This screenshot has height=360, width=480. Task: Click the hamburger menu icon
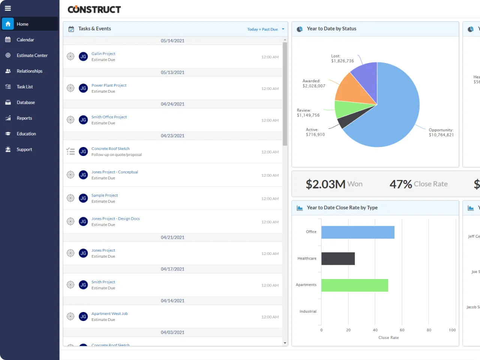coord(8,8)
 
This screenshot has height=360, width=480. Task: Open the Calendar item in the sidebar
coord(25,40)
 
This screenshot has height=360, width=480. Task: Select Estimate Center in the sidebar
coord(32,55)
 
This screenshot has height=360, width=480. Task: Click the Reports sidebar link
coord(24,118)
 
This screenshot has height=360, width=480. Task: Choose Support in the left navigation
coord(24,150)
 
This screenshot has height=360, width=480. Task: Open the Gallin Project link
coord(103,54)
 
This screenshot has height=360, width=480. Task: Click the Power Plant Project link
coord(109,85)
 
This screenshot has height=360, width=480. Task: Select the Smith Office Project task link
coord(109,117)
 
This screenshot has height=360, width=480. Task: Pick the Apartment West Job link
coord(109,314)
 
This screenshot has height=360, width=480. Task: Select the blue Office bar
coord(358,232)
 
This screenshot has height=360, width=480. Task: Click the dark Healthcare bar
coord(338,259)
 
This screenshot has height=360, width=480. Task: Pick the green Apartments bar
coord(354,285)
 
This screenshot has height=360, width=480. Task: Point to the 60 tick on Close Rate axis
coord(402,330)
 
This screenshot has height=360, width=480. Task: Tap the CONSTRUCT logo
coord(94,9)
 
